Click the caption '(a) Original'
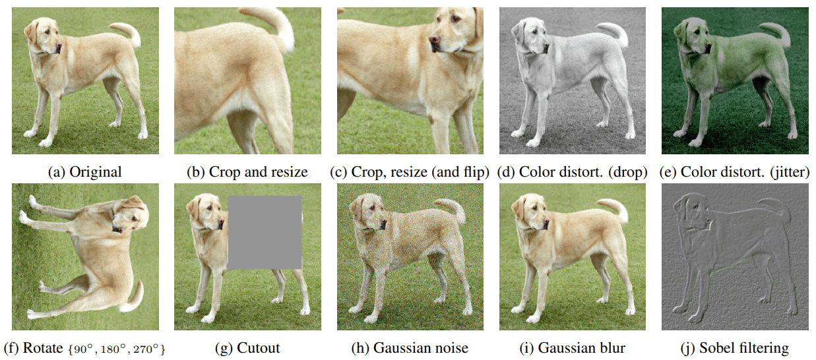pos(85,173)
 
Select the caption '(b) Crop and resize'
pos(247,173)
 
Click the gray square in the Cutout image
pos(265,233)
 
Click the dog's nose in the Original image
pos(59,46)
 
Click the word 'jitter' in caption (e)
pos(790,173)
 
